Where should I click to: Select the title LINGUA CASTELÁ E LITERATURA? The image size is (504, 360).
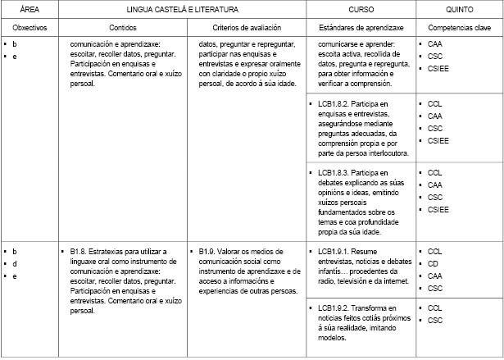182,10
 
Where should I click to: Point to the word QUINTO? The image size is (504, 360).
458,10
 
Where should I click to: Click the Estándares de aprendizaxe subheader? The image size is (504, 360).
360,27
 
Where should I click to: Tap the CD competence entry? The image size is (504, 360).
434,264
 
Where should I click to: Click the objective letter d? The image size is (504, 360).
15,264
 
